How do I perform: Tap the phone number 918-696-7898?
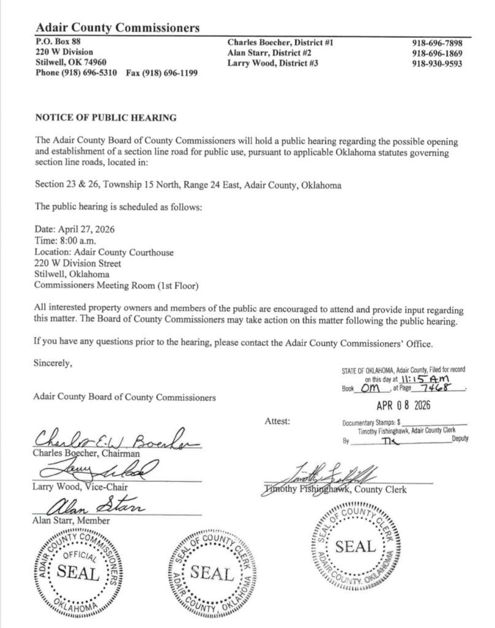pyautogui.click(x=437, y=44)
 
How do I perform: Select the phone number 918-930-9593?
pyautogui.click(x=437, y=64)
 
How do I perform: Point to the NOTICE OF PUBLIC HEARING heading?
pyautogui.click(x=106, y=117)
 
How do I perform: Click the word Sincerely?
pyautogui.click(x=53, y=362)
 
